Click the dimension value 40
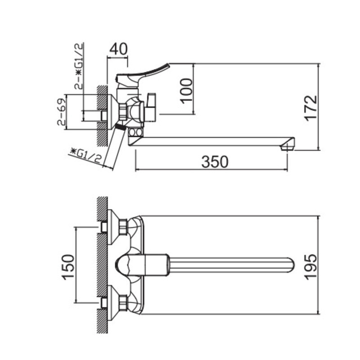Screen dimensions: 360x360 118,49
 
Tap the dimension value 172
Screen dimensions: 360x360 310,107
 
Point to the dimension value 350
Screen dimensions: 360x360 215,162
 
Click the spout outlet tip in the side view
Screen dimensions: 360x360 288,145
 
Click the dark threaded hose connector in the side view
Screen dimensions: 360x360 120,126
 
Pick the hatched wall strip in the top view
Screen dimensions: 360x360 103,265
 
